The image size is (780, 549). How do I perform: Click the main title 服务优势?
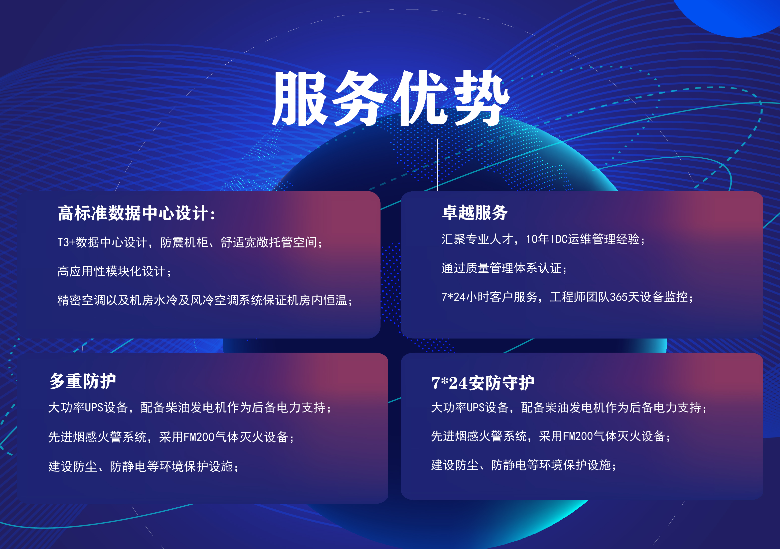click(391, 99)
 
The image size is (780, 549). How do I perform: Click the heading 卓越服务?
click(474, 213)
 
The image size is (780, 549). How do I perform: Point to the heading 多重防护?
click(83, 381)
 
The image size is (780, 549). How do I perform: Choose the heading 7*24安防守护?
click(483, 383)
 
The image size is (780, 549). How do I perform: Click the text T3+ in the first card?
click(66, 242)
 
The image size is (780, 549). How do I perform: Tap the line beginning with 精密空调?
click(205, 300)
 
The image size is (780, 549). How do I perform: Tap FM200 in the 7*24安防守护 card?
click(578, 436)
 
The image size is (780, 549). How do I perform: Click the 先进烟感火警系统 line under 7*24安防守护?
click(551, 436)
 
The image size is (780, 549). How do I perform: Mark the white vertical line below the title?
click(438, 165)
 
